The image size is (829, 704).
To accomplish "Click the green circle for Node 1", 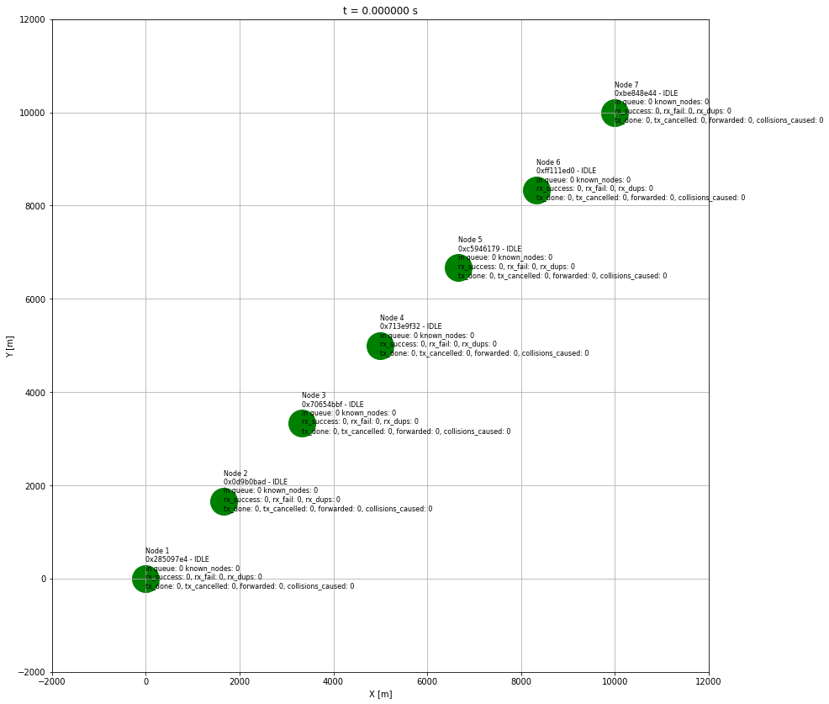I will (x=145, y=579).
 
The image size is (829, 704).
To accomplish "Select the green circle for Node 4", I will (x=380, y=346).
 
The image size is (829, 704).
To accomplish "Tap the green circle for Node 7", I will (x=615, y=113).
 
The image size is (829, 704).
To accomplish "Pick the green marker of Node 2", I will (x=224, y=501).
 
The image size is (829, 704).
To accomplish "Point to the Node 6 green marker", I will (x=536, y=190).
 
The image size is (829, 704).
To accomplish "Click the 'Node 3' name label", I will (x=314, y=395).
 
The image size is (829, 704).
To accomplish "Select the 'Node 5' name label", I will (x=470, y=240).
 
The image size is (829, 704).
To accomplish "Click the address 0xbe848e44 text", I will (x=635, y=93).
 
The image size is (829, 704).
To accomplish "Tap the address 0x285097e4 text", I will (x=166, y=559).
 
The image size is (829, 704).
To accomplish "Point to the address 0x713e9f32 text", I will (x=399, y=326).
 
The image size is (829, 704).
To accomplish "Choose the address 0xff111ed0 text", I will (x=556, y=171).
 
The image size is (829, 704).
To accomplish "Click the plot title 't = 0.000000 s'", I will (x=380, y=11).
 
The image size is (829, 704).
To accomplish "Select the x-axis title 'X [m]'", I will (x=380, y=694).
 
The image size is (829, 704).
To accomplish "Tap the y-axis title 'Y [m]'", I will (x=10, y=346).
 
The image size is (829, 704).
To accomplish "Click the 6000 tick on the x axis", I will (x=427, y=680).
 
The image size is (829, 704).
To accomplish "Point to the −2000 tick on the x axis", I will (x=52, y=680).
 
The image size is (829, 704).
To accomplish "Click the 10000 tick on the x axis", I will (x=615, y=680).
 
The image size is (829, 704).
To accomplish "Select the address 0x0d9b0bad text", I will (x=244, y=482).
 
